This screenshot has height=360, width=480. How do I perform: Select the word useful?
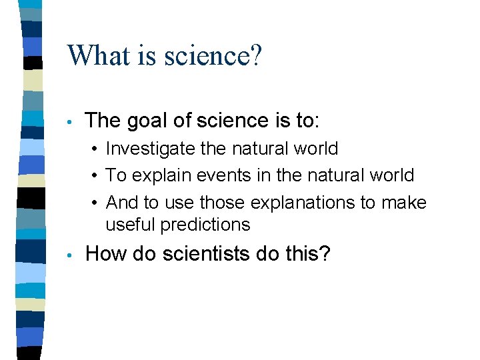tap(131, 225)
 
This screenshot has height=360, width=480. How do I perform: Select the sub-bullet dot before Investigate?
tap(96, 149)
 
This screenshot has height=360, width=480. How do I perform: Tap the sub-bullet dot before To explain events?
tap(96, 176)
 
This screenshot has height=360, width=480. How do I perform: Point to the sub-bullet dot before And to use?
tap(96, 203)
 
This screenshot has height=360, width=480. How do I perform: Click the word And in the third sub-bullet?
tap(121, 202)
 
